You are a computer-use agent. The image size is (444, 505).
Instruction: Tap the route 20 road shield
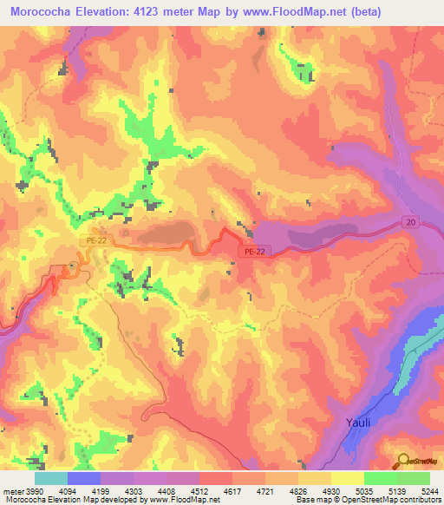(410, 222)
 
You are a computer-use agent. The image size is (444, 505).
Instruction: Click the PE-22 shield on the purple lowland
(250, 251)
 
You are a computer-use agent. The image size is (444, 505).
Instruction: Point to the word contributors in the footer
(418, 500)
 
